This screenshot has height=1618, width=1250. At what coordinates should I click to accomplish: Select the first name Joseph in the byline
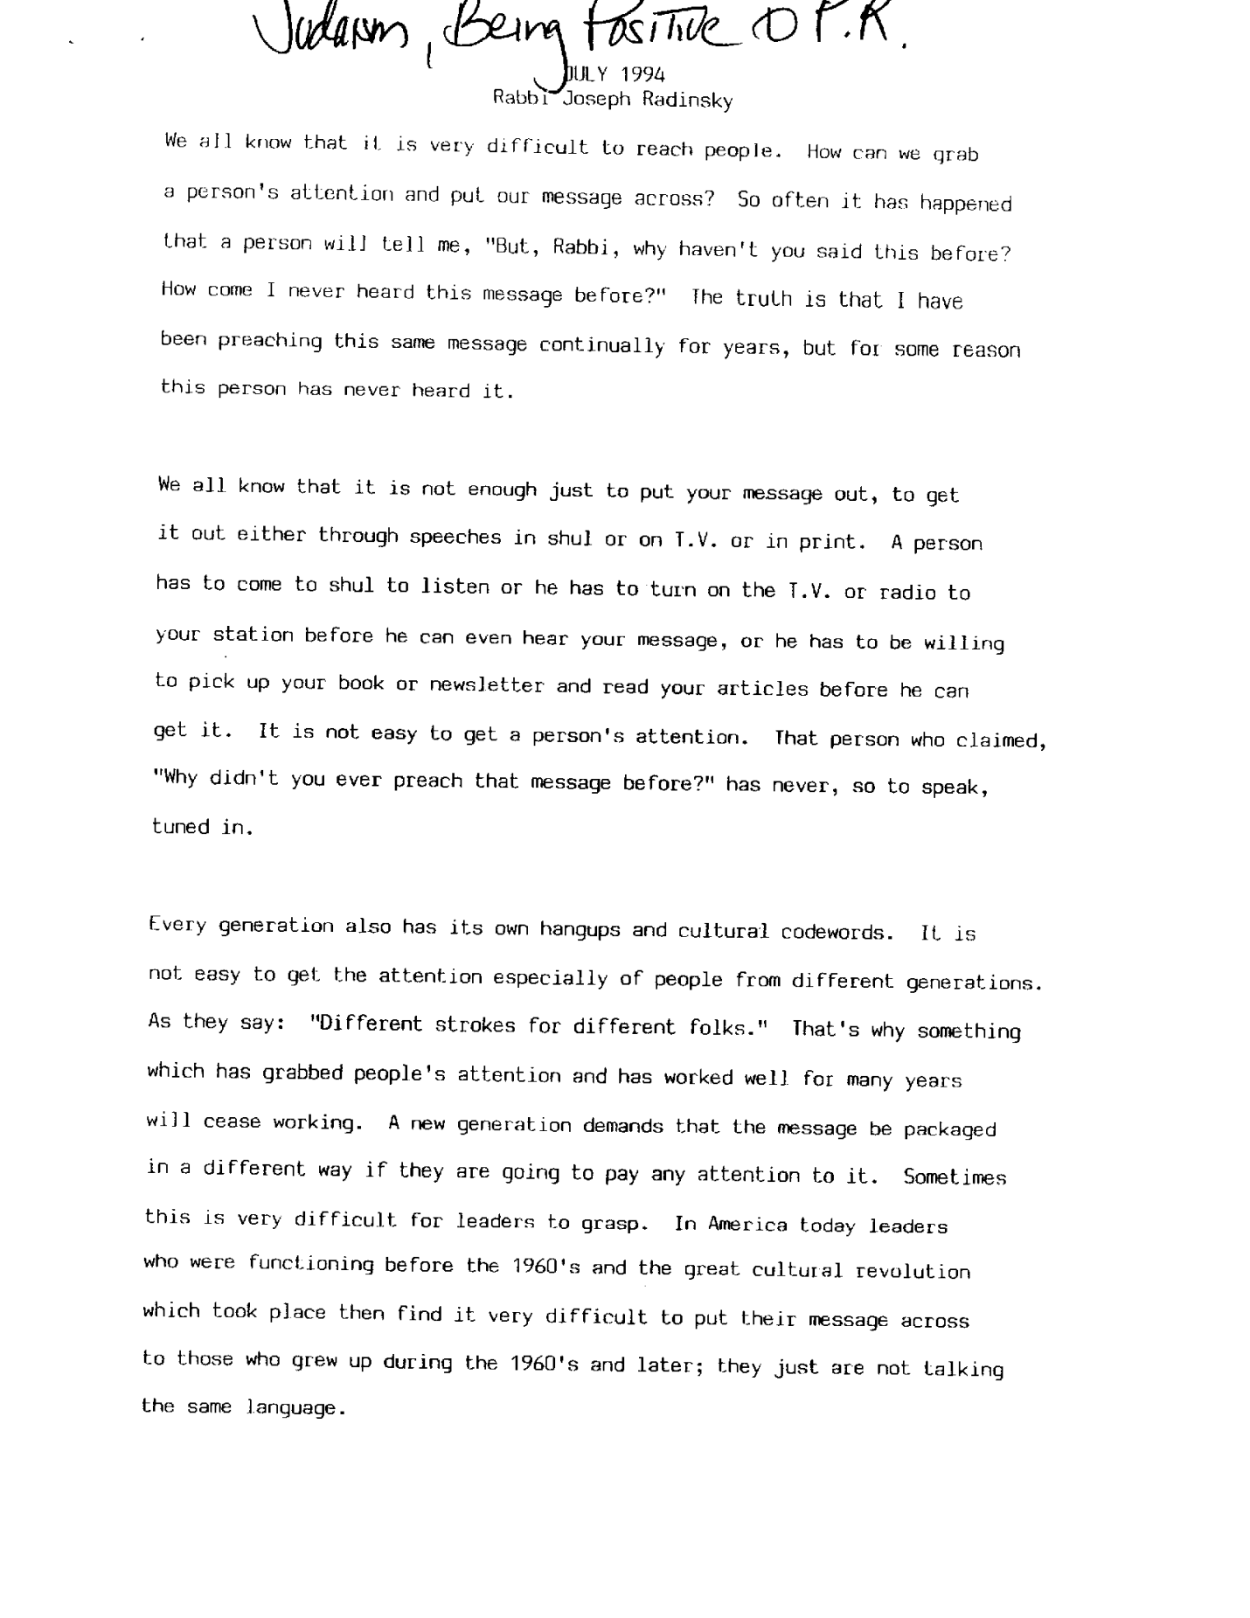click(595, 99)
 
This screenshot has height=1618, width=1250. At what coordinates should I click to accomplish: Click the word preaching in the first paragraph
click(270, 342)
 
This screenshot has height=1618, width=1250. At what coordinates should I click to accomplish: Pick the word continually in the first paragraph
click(601, 346)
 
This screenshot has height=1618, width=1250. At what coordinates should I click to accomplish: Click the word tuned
click(181, 827)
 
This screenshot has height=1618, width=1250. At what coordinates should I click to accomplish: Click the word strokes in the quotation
click(476, 1025)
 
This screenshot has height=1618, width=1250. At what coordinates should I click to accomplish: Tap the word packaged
click(949, 1129)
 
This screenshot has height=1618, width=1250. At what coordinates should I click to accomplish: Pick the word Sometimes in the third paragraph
click(955, 1177)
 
